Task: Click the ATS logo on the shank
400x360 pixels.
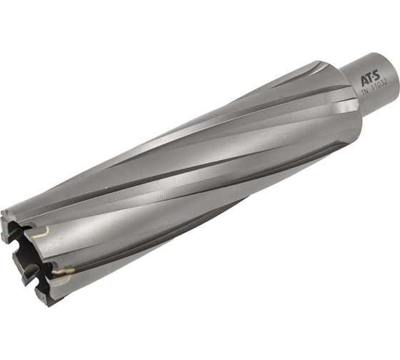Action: [371, 80]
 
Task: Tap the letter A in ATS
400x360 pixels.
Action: [364, 82]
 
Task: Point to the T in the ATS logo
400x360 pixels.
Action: [371, 80]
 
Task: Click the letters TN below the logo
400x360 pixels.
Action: [365, 91]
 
